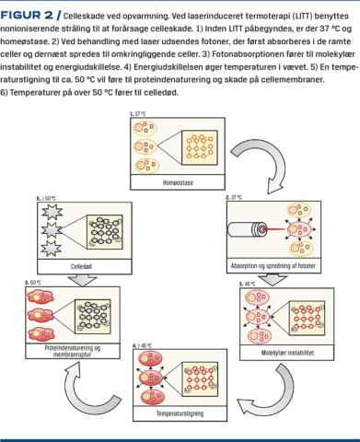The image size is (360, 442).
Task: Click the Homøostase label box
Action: [x=178, y=182]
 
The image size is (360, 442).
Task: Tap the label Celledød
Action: [x=81, y=266]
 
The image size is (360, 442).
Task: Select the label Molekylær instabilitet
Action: [x=287, y=353]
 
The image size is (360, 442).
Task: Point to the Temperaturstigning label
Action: [x=180, y=413]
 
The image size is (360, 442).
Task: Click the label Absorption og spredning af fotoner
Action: [x=273, y=266]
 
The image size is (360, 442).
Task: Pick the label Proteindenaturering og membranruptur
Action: [x=73, y=351]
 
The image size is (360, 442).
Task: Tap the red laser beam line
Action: [x=275, y=229]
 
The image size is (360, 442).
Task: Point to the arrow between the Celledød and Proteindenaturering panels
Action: [x=82, y=281]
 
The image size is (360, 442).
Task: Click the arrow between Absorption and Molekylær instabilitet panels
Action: [x=272, y=281]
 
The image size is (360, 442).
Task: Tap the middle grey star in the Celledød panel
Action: [x=52, y=230]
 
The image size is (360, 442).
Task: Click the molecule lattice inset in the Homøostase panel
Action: [x=200, y=147]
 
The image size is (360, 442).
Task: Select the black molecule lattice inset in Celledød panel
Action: [x=105, y=232]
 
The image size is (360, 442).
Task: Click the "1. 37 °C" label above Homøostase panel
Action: [x=137, y=114]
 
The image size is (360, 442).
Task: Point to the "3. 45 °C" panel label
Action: [x=248, y=284]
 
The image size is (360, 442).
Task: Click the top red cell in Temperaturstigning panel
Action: [x=150, y=358]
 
